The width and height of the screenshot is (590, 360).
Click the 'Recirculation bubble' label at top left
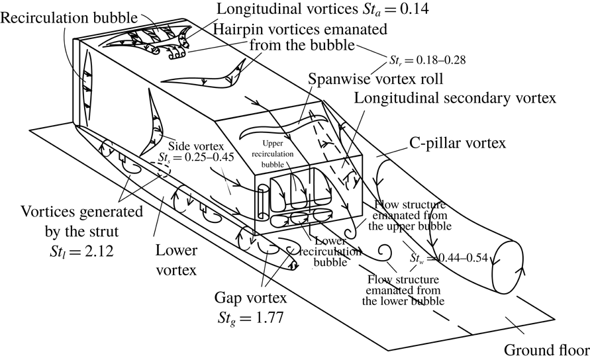click(62, 15)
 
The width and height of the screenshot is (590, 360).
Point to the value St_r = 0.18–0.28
click(428, 60)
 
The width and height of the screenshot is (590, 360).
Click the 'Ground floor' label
click(546, 349)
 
